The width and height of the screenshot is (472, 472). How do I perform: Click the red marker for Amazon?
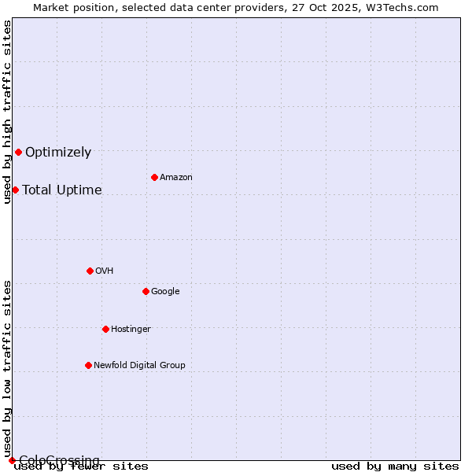pyautogui.click(x=154, y=177)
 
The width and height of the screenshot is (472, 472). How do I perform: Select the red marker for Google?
pyautogui.click(x=146, y=291)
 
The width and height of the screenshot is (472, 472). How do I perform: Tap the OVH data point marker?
pyautogui.click(x=90, y=271)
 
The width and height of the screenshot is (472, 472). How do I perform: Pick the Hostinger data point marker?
pyautogui.click(x=105, y=329)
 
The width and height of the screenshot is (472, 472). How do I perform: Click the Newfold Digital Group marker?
pyautogui.click(x=88, y=365)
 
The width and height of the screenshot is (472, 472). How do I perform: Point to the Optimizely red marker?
pyautogui.click(x=18, y=152)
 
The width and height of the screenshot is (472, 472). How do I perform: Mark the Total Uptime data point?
pyautogui.click(x=15, y=190)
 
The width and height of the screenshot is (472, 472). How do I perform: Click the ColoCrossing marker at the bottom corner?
pyautogui.click(x=12, y=460)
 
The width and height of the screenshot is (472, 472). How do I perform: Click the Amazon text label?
pyautogui.click(x=176, y=178)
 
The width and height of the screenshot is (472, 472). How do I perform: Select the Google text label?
pyautogui.click(x=165, y=292)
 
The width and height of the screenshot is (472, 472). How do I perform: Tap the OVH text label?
pyautogui.click(x=105, y=271)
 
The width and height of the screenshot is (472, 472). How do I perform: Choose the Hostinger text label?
pyautogui.click(x=131, y=330)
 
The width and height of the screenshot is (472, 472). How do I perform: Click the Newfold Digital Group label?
pyautogui.click(x=139, y=366)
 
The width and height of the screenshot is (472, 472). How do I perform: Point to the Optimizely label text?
pyautogui.click(x=58, y=153)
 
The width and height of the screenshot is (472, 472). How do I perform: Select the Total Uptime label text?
pyautogui.click(x=62, y=190)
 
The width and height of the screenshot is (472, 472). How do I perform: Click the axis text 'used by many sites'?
pyautogui.click(x=395, y=466)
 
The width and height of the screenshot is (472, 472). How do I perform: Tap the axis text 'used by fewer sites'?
pyautogui.click(x=81, y=466)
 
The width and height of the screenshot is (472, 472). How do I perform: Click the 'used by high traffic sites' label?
pyautogui.click(x=8, y=112)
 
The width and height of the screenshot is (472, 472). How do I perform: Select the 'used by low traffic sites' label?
pyautogui.click(x=8, y=368)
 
